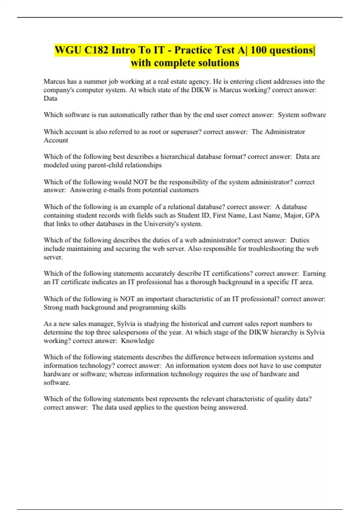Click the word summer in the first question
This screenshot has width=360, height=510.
point(95,82)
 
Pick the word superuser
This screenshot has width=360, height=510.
point(186,132)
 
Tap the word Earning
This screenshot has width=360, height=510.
point(314,274)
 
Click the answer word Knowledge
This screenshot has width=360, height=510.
point(137,341)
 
